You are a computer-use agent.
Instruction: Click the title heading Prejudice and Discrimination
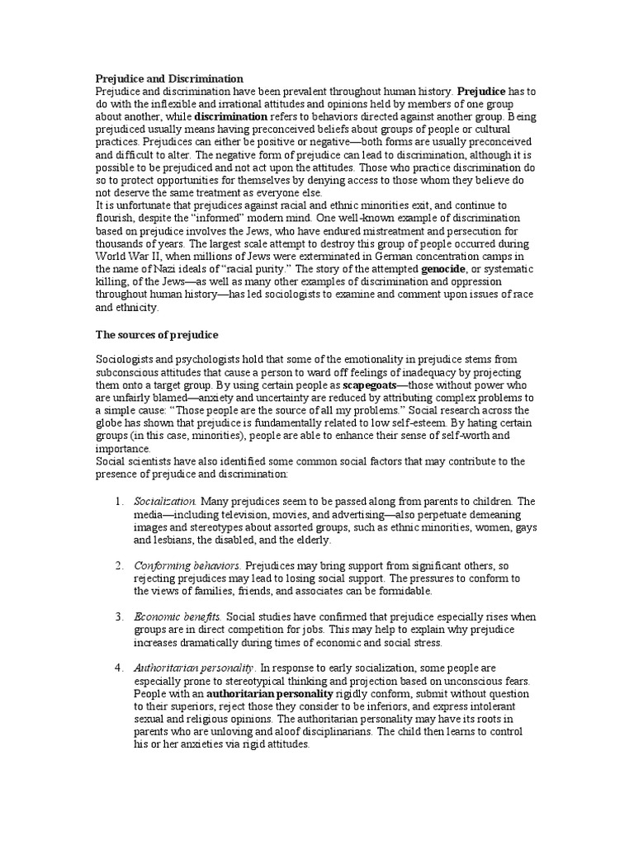169,78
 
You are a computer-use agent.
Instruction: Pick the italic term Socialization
165,501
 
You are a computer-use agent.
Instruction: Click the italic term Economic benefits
177,616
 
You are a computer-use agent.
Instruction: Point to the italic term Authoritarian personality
194,667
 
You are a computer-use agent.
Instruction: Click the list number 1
119,501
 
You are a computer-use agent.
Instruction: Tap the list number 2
119,566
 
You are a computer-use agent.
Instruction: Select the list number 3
119,616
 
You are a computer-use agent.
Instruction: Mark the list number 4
119,667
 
